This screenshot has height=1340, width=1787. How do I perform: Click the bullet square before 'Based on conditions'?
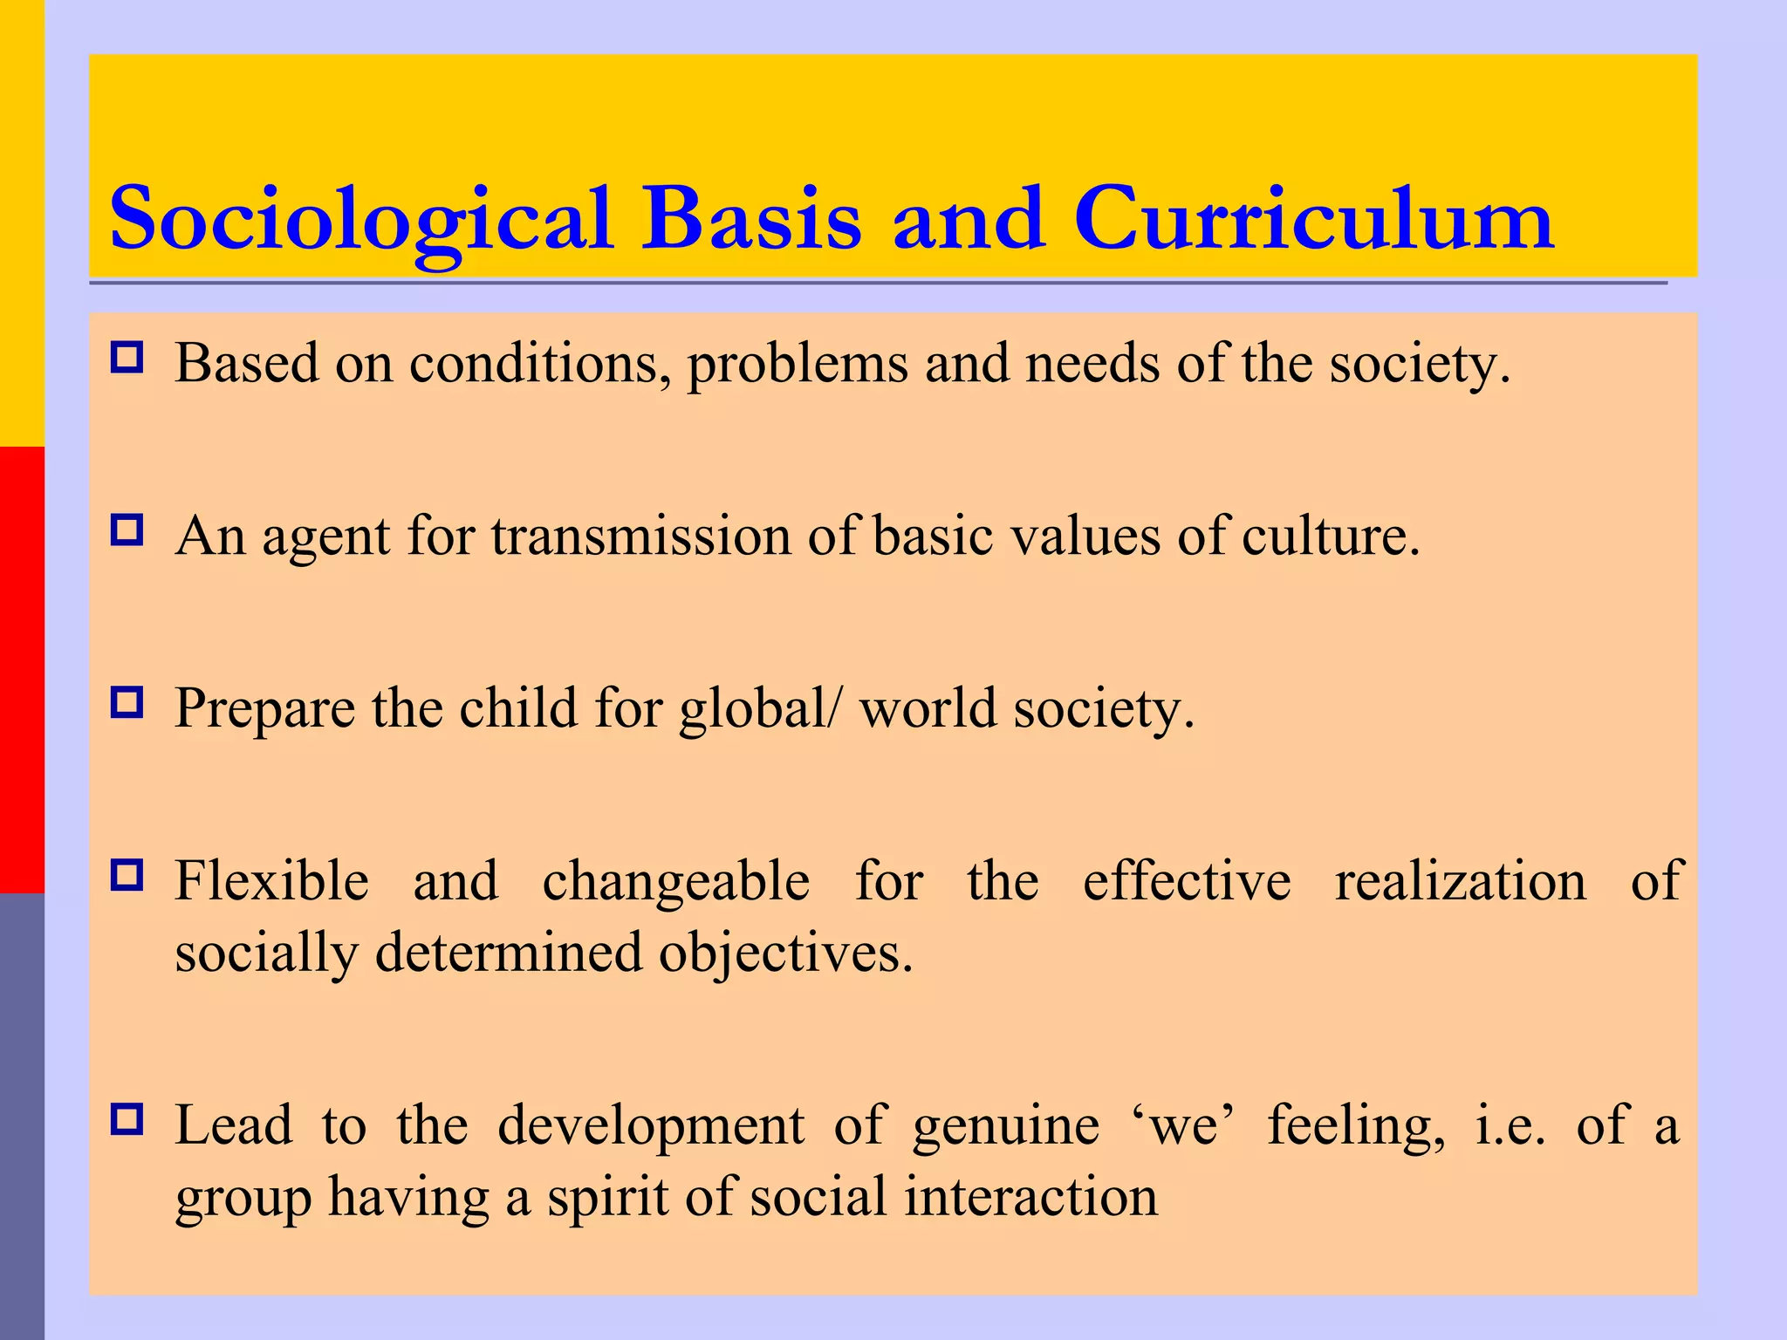127,359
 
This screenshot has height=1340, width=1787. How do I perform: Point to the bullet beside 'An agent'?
127,530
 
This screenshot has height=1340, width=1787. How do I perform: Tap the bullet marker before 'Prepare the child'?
127,702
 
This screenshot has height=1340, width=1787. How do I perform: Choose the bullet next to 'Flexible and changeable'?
127,875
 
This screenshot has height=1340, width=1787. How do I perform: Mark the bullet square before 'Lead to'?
127,1119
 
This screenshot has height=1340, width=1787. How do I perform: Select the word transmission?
640,536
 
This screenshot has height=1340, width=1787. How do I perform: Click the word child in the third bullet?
517,708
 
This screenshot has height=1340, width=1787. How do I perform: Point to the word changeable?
676,881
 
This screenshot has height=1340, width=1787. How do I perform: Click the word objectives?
785,953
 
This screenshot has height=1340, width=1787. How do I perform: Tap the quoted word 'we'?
1183,1125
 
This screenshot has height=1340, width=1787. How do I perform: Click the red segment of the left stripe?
22,670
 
